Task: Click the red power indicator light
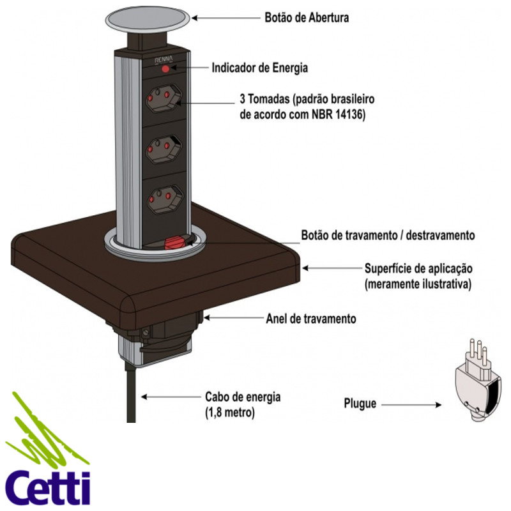coord(166,68)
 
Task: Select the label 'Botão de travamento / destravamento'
coord(388,235)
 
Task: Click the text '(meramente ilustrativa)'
coord(418,284)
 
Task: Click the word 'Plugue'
coord(360,404)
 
